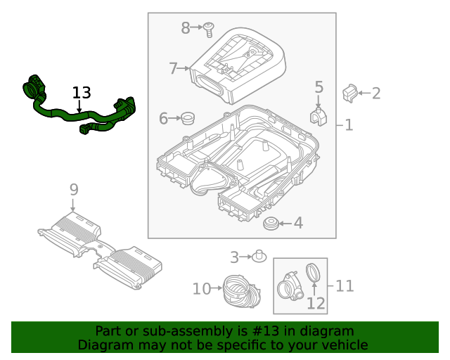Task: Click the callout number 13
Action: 82,93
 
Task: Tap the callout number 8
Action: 186,28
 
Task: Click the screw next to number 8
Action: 209,29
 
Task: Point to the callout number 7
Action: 174,69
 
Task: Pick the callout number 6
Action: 163,119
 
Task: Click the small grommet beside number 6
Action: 188,117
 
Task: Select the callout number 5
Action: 319,87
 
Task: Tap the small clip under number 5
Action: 318,116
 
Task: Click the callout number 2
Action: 376,93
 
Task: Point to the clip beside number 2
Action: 349,92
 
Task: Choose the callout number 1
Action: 349,126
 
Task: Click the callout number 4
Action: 298,224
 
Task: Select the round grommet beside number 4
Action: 270,224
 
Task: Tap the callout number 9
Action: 74,189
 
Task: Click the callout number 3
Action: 235,257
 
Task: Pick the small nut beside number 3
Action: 259,255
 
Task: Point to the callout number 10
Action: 202,288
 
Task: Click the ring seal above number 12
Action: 316,273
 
